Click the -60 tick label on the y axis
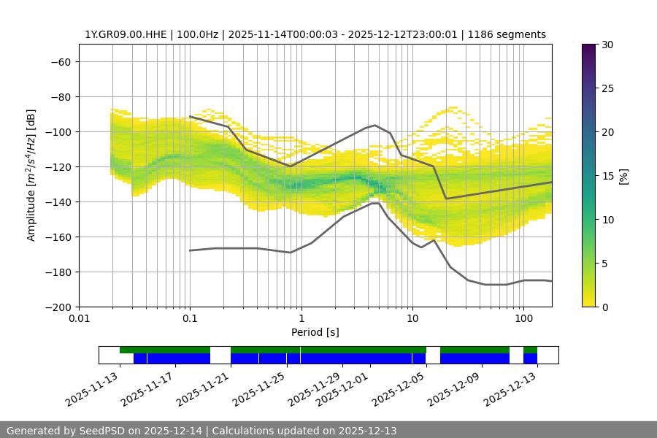pyautogui.click(x=60, y=62)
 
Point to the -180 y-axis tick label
pyautogui.click(x=57, y=272)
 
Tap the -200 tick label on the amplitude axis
pyautogui.click(x=57, y=307)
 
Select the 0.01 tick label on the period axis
pyautogui.click(x=79, y=319)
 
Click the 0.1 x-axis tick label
pyautogui.click(x=190, y=319)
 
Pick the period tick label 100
pyautogui.click(x=523, y=319)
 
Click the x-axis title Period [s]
pyautogui.click(x=315, y=332)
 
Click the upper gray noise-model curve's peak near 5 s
pyautogui.click(x=375, y=125)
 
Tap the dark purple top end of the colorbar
pyautogui.click(x=589, y=47)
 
